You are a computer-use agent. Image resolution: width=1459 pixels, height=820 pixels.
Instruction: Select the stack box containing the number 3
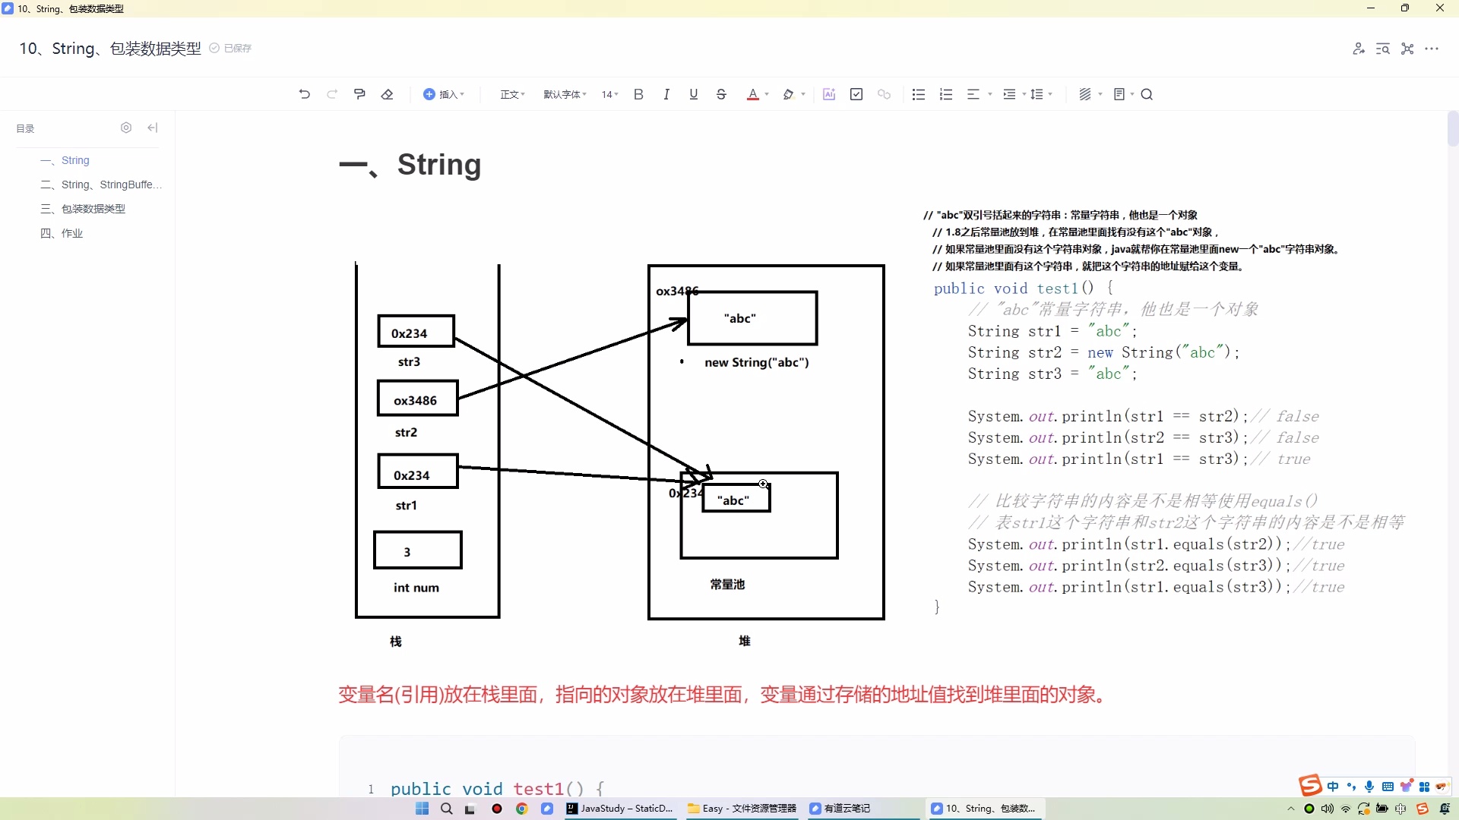pyautogui.click(x=417, y=550)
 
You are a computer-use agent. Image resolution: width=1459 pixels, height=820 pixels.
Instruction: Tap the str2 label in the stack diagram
pyautogui.click(x=406, y=433)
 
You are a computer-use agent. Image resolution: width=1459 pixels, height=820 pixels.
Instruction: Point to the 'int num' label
pyautogui.click(x=416, y=588)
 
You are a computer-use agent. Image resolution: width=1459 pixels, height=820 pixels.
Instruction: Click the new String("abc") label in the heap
pyautogui.click(x=756, y=363)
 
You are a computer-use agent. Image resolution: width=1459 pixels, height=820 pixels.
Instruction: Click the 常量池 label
pyautogui.click(x=727, y=585)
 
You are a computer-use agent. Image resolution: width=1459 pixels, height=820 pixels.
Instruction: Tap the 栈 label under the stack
pyautogui.click(x=396, y=642)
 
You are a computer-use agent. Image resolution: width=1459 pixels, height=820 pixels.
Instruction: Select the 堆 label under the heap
pyautogui.click(x=745, y=641)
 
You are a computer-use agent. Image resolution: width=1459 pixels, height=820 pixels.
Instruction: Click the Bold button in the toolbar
pyautogui.click(x=638, y=95)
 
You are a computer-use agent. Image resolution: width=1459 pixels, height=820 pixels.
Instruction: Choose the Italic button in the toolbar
pyautogui.click(x=666, y=95)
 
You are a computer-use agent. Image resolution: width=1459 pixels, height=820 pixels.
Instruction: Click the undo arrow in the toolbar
pyautogui.click(x=305, y=95)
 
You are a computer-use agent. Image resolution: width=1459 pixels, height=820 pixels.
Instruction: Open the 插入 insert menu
pyautogui.click(x=444, y=95)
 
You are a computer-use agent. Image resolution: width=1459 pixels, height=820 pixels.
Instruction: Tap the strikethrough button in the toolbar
pyautogui.click(x=721, y=95)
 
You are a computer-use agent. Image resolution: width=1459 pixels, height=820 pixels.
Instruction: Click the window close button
pyautogui.click(x=1439, y=8)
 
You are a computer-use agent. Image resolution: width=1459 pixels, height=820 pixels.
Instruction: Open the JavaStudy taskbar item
pyautogui.click(x=619, y=809)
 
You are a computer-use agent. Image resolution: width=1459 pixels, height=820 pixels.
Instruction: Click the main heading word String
pyautogui.click(x=439, y=165)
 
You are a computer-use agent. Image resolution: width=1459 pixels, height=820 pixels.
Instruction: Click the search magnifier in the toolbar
pyautogui.click(x=1147, y=95)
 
